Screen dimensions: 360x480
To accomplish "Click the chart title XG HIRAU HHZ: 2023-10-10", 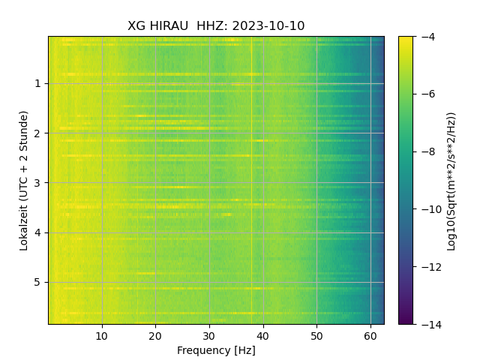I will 216,26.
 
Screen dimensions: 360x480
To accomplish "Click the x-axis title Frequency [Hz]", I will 216,350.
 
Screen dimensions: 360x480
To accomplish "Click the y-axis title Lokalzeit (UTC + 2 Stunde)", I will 24,180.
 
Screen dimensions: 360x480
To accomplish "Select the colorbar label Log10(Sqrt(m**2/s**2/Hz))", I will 451,180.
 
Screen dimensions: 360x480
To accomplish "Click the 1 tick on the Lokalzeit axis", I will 37,83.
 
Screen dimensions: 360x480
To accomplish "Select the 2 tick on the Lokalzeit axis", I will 37,133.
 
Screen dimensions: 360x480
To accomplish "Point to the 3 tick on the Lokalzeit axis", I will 37,183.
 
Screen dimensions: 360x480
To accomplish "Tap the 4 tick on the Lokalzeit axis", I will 37,232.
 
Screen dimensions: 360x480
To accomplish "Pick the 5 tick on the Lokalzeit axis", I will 37,283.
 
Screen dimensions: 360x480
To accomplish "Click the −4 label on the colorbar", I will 427,37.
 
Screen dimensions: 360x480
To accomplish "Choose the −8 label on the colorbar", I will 427,151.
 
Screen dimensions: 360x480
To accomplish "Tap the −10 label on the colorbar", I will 430,209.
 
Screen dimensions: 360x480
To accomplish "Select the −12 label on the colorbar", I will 430,267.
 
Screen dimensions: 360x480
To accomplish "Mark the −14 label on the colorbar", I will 430,324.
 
